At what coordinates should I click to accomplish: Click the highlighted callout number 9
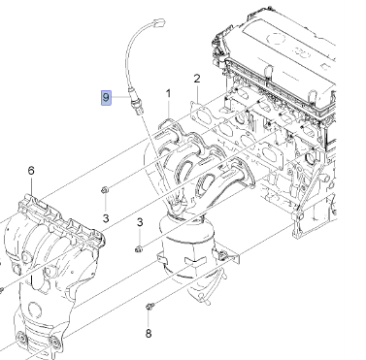(x=106, y=97)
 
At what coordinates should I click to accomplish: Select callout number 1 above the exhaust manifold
(x=168, y=94)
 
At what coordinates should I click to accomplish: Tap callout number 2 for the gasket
(x=197, y=79)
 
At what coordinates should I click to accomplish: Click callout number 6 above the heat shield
(x=31, y=171)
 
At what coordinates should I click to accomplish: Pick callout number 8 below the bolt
(x=149, y=333)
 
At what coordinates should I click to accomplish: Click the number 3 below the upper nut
(x=106, y=218)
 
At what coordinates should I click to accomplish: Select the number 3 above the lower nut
(x=140, y=222)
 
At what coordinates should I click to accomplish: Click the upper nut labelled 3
(x=105, y=190)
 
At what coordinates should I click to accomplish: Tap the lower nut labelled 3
(x=139, y=249)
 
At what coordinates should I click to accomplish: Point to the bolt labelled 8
(x=150, y=306)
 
